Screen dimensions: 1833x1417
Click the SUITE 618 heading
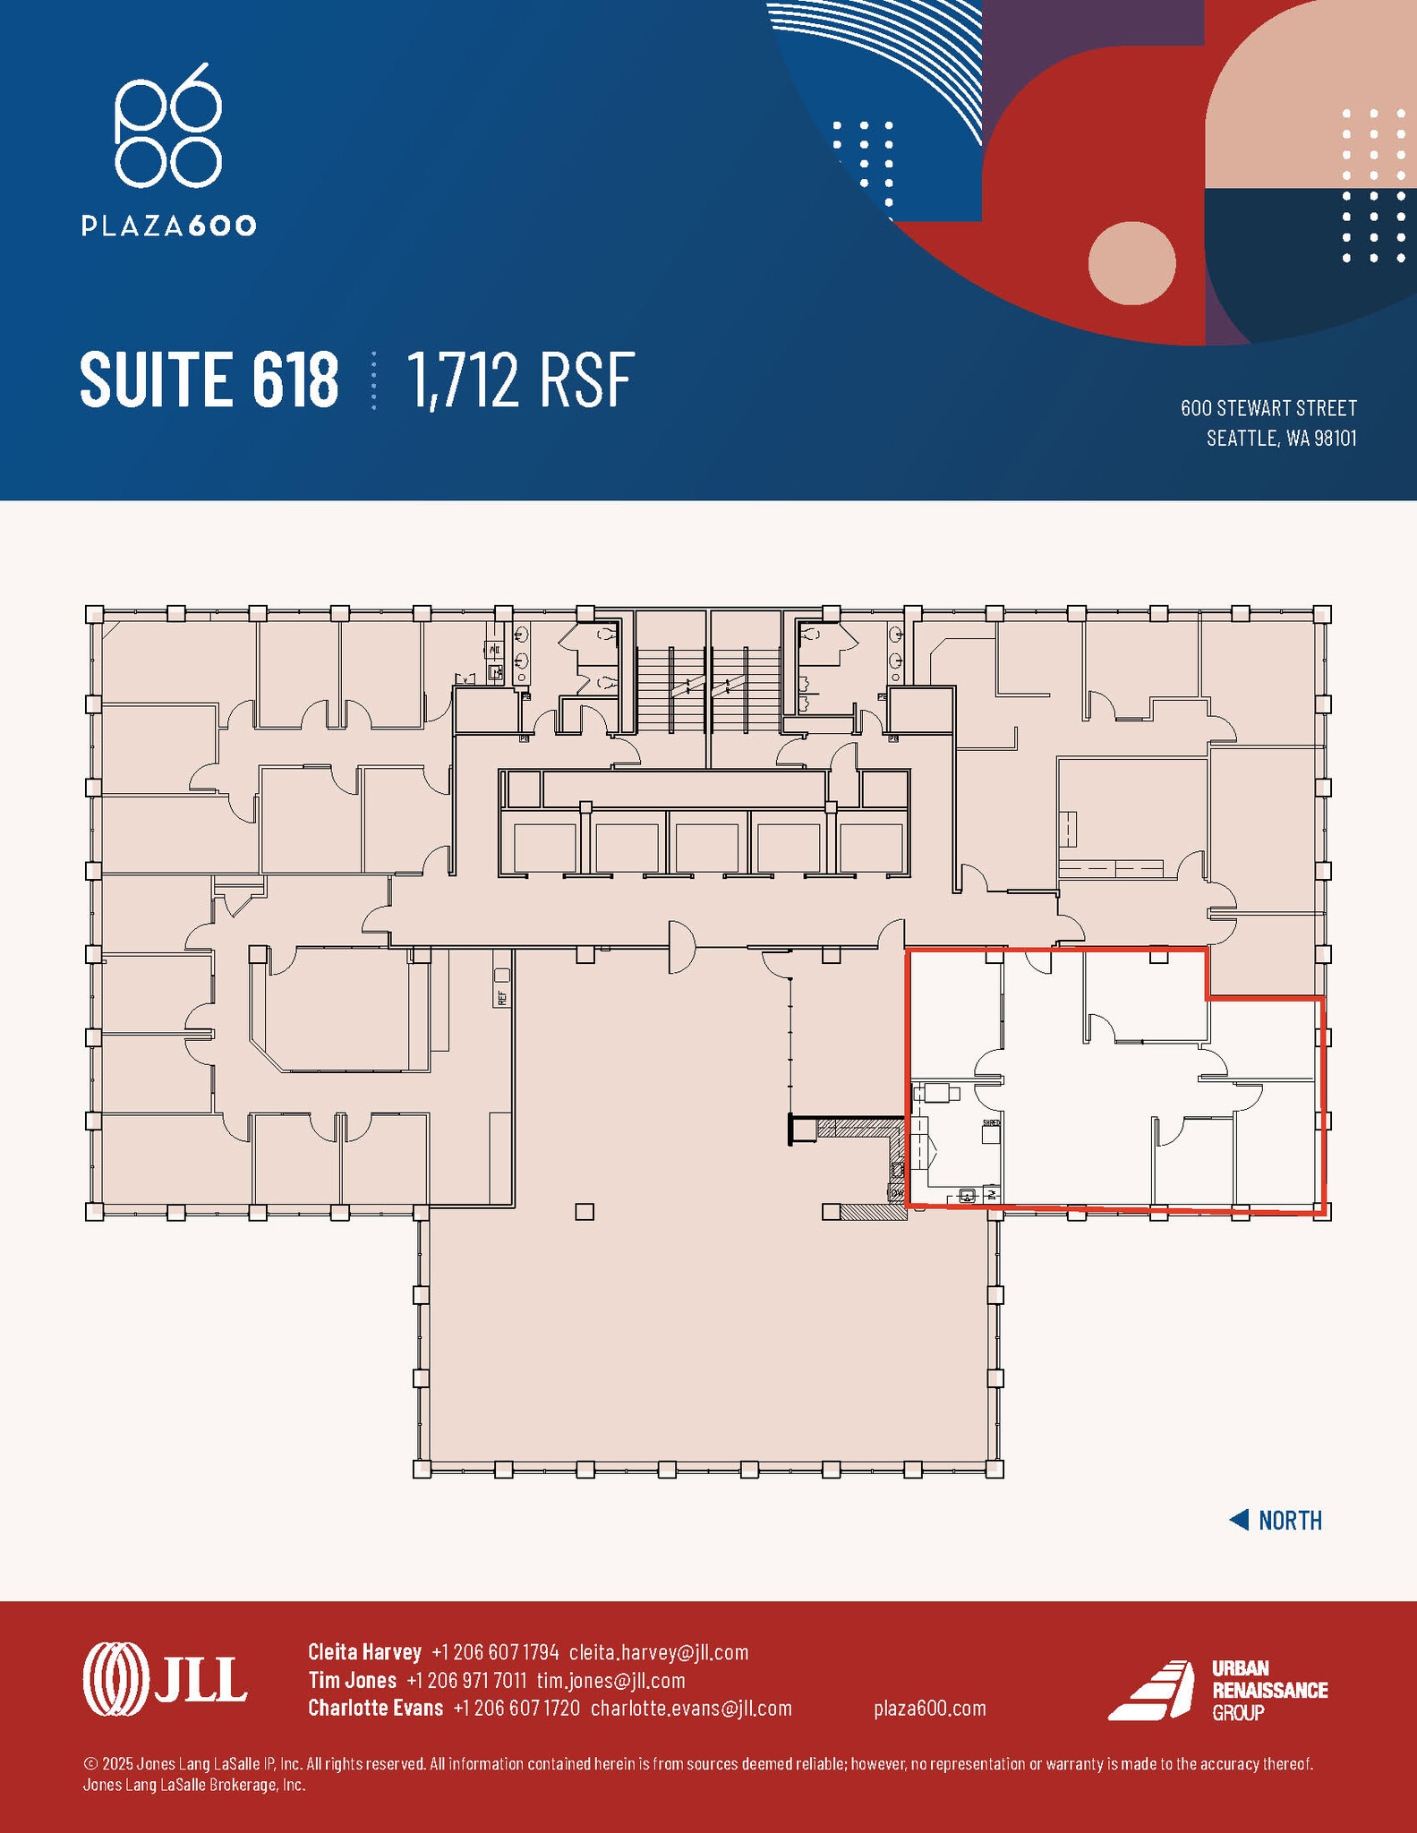click(x=209, y=379)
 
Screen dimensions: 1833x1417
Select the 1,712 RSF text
click(x=521, y=380)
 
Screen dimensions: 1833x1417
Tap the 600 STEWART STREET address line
click(x=1268, y=408)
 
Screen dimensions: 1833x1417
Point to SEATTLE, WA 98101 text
click(x=1281, y=439)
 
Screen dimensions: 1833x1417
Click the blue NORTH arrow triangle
click(x=1240, y=1520)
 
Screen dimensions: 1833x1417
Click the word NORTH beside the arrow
click(x=1290, y=1521)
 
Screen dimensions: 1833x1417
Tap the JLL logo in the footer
click(x=165, y=1679)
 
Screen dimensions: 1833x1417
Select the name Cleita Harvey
click(x=364, y=1651)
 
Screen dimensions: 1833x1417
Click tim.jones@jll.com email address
click(x=610, y=1680)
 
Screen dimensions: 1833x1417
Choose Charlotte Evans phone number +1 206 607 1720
click(x=516, y=1708)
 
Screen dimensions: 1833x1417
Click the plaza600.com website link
click(x=930, y=1708)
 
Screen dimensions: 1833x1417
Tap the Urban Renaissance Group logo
click(x=1217, y=1690)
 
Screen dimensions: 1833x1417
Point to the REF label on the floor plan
click(x=502, y=997)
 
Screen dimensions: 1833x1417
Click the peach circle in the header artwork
click(x=1131, y=263)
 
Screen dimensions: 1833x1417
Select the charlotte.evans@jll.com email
click(x=691, y=1708)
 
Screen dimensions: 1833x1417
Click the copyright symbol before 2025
click(x=90, y=1763)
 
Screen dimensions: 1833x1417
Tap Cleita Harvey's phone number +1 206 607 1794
click(x=495, y=1651)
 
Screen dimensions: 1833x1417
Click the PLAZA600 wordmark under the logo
click(x=168, y=226)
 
